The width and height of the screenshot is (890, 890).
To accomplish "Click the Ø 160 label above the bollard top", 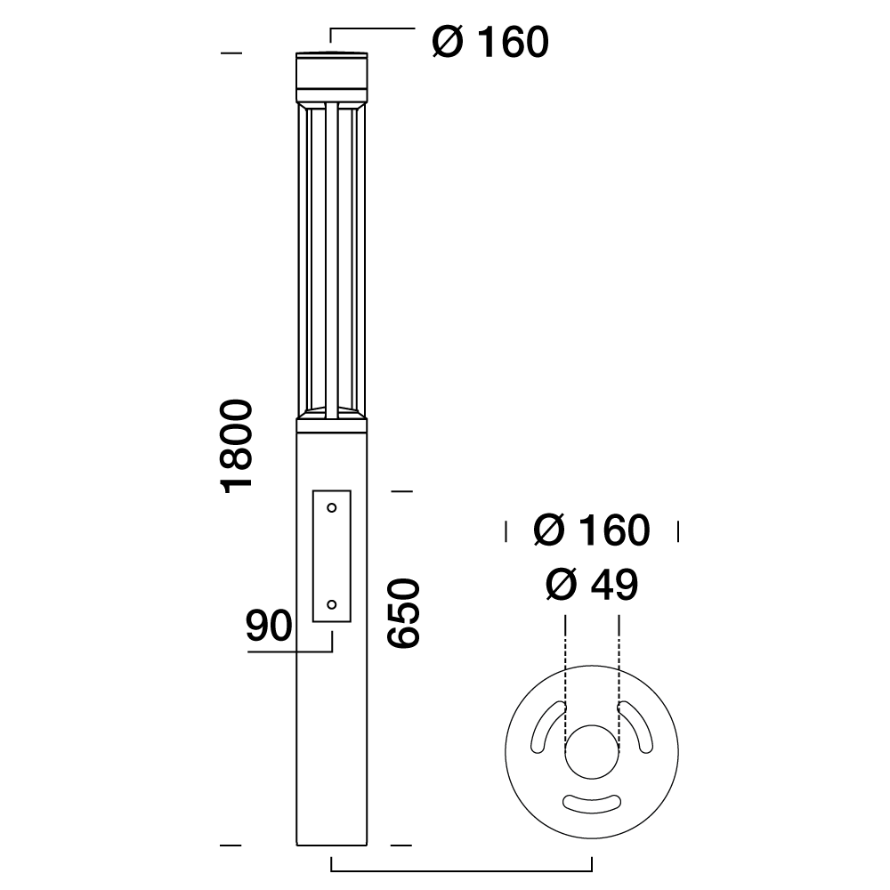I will (x=490, y=42).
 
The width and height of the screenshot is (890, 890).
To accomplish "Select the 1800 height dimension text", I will (x=237, y=446).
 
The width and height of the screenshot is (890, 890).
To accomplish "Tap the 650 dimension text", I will (x=402, y=613).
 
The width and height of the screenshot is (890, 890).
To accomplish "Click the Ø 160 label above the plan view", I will (x=592, y=530).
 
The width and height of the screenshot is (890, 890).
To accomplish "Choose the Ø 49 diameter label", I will (x=592, y=585).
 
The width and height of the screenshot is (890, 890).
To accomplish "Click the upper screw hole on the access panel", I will (x=331, y=508).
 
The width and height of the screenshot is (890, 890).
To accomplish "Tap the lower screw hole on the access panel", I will (x=331, y=604).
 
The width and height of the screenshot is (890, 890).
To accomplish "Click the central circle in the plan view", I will (x=592, y=751).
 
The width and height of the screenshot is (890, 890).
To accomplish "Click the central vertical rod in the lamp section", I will (x=331, y=258).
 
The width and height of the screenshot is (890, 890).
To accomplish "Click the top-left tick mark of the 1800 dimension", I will (x=231, y=53).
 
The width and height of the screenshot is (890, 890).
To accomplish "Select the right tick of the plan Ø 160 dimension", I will (x=678, y=532).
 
